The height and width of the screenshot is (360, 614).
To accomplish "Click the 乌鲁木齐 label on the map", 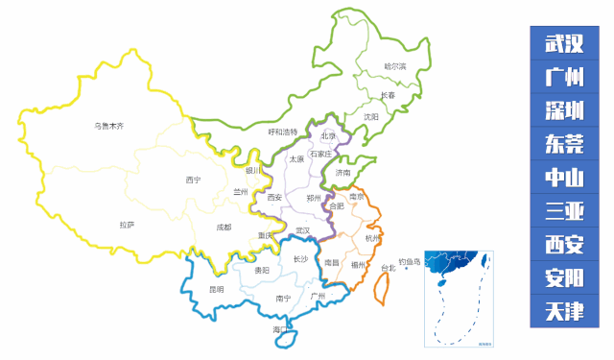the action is click(x=108, y=126).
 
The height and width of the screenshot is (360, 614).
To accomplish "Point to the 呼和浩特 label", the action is click(x=282, y=132).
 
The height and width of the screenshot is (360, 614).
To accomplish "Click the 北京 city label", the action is click(x=328, y=135).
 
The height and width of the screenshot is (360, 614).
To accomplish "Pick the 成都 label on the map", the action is click(x=224, y=228).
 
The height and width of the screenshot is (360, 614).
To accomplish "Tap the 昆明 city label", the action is click(x=216, y=289).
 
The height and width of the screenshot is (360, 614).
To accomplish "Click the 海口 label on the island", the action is click(x=279, y=329).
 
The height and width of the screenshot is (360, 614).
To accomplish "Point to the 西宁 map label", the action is click(x=193, y=180).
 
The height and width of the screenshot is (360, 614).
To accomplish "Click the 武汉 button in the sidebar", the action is click(x=564, y=44).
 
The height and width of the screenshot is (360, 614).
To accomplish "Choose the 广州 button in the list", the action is click(x=564, y=78).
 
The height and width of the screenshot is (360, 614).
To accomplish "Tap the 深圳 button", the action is click(x=564, y=110).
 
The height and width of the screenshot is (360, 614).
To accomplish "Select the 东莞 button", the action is click(x=564, y=144).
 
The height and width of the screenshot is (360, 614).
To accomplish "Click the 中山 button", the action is click(x=564, y=178).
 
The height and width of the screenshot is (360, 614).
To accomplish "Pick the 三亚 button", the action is click(x=564, y=210).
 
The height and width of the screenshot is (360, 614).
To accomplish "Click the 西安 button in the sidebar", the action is click(x=564, y=244).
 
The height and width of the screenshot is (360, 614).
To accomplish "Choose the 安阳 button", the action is click(x=564, y=277).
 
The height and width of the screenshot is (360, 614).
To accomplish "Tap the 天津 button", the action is click(x=564, y=311).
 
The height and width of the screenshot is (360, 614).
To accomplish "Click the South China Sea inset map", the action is click(x=459, y=297).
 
